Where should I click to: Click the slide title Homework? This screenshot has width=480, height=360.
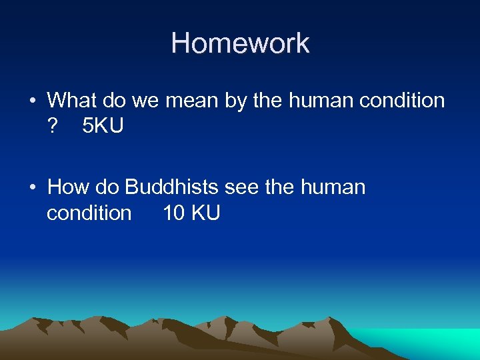pyautogui.click(x=240, y=43)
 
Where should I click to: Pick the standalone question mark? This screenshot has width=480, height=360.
pyautogui.click(x=53, y=126)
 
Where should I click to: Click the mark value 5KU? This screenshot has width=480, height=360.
pyautogui.click(x=103, y=126)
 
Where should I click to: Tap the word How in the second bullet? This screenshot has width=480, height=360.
pyautogui.click(x=69, y=187)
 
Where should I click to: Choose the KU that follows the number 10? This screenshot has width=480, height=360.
pyautogui.click(x=206, y=213)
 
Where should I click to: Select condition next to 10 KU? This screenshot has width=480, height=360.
pyautogui.click(x=89, y=213)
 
